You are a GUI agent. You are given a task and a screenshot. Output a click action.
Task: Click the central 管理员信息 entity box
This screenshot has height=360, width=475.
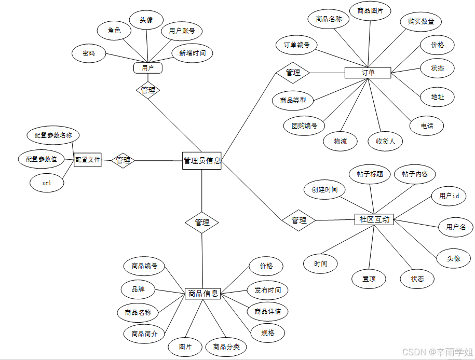click(202, 160)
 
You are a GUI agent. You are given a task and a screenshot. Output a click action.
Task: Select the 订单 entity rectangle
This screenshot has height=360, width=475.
click(368, 73)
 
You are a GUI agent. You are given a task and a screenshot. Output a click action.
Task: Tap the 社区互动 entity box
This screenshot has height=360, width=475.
click(374, 219)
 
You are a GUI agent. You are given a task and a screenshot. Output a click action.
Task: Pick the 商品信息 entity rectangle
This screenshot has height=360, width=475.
click(202, 294)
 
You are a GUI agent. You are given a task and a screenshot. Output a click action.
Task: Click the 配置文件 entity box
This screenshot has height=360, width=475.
click(87, 160)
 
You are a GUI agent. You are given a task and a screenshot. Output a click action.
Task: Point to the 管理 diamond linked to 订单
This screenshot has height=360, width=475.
click(293, 73)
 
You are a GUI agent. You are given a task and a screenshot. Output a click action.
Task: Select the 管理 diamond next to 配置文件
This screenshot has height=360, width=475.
click(123, 160)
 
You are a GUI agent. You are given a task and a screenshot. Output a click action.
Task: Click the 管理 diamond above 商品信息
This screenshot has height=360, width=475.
click(202, 223)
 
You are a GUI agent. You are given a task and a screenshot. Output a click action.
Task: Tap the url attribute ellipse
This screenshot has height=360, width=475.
click(47, 183)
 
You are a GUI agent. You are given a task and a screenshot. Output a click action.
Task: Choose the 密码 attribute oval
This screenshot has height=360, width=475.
click(89, 53)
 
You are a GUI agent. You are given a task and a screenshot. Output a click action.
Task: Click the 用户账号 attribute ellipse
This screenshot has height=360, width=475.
click(182, 31)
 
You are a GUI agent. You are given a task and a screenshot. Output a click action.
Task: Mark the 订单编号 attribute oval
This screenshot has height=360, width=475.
click(296, 45)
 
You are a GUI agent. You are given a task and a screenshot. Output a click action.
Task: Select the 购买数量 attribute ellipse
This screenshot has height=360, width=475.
click(421, 22)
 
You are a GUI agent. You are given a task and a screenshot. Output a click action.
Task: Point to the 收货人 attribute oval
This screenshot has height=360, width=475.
click(385, 141)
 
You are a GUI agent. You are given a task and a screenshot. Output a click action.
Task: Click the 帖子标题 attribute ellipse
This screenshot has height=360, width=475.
click(370, 174)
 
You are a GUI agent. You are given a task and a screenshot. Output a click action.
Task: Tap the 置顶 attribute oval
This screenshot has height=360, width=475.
click(369, 279)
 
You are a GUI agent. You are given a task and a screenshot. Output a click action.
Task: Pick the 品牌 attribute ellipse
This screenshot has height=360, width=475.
click(138, 289)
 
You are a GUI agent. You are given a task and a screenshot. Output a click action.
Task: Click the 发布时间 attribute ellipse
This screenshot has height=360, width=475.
click(267, 290)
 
